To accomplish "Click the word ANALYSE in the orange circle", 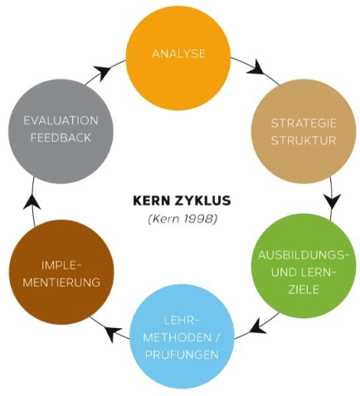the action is tap(178, 54).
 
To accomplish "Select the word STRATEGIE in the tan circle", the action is tap(304, 123).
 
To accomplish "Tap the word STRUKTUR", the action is tap(304, 140).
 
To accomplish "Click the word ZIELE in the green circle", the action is tap(304, 289).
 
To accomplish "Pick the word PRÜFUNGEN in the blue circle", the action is tap(182, 355).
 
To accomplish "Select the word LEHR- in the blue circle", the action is tap(182, 321).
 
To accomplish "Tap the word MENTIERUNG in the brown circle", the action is tap(61, 283).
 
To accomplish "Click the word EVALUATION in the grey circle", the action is tap(61, 121).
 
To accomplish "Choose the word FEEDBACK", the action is tap(61, 138).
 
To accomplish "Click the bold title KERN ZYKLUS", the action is tap(182, 200).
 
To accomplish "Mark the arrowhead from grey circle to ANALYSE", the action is tap(103, 72).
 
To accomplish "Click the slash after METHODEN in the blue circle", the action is tap(216, 337).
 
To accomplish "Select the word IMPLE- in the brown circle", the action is tap(62, 265).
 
